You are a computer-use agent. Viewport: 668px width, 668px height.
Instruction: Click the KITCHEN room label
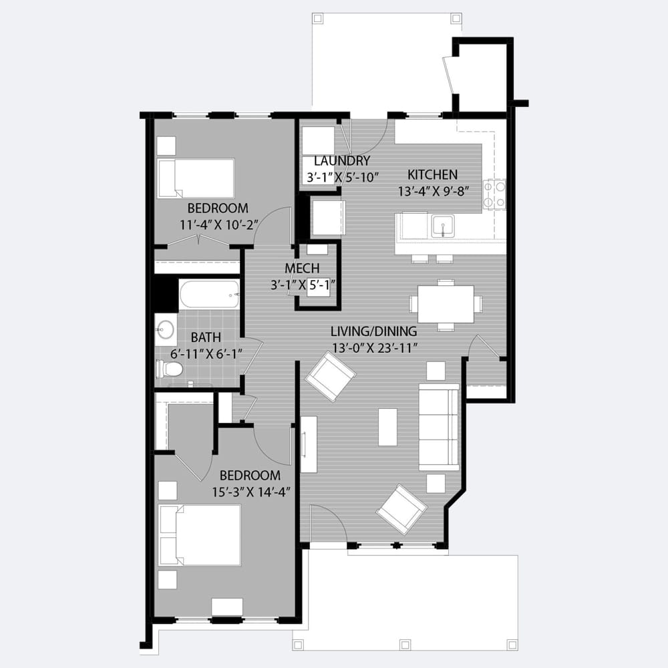(x=432, y=174)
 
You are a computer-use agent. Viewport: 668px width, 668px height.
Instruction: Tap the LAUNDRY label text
(x=342, y=161)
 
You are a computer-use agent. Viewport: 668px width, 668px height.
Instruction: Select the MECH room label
(x=302, y=269)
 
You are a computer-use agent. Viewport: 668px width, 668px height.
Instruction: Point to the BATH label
(x=206, y=337)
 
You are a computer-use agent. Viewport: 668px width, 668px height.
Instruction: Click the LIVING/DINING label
(x=374, y=331)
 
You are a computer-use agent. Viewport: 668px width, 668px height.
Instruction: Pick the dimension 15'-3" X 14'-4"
(x=251, y=492)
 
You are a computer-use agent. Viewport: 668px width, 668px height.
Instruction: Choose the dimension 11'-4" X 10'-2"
(x=219, y=225)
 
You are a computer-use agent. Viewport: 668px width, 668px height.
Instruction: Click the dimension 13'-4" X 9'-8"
(x=434, y=191)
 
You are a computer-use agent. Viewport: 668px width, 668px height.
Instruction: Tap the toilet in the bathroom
(x=169, y=369)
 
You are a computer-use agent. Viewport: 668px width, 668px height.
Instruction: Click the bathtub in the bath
(x=209, y=295)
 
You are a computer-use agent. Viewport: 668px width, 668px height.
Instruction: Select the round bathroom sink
(x=165, y=329)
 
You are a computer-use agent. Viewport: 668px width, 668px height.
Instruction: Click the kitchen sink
(x=443, y=226)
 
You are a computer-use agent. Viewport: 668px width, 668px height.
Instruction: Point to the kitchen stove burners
(x=494, y=194)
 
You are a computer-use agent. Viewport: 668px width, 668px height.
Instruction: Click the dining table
(x=446, y=305)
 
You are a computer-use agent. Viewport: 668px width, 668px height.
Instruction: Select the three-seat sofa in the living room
(x=440, y=428)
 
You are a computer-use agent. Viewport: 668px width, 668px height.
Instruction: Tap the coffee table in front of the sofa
(x=387, y=428)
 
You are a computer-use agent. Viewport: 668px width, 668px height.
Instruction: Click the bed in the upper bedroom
(x=196, y=178)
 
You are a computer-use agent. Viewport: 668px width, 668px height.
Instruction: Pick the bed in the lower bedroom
(x=199, y=535)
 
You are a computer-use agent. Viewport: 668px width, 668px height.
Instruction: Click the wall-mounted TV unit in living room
(x=309, y=444)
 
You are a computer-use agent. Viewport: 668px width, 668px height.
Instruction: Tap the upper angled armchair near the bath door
(x=331, y=377)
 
